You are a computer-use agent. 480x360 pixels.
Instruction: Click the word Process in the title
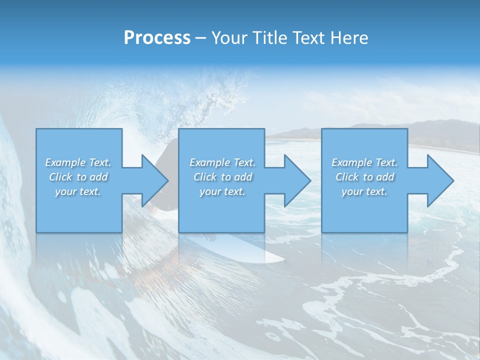click(157, 38)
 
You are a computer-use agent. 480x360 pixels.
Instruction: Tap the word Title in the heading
click(269, 38)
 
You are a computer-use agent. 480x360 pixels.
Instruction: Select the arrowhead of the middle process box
click(296, 180)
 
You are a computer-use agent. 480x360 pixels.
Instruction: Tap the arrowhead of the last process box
click(439, 180)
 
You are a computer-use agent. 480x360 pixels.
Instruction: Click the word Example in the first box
click(65, 162)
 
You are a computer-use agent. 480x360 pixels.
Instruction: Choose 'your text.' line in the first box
click(78, 191)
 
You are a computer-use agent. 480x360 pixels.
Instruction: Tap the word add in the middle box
click(243, 177)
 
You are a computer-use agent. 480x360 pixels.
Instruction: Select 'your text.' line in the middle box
click(222, 191)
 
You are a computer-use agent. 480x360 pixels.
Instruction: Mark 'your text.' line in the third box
click(364, 191)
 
